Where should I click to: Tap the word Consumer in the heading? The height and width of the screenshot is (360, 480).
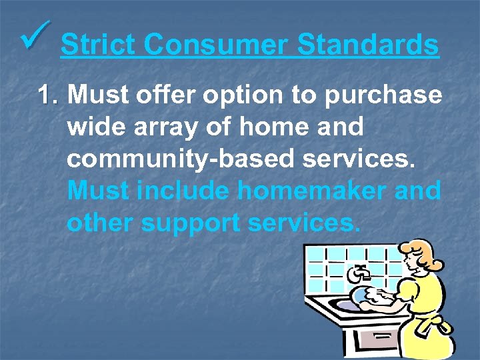216,45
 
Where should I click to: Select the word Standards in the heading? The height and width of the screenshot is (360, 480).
367,45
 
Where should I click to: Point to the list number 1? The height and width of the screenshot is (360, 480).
48,95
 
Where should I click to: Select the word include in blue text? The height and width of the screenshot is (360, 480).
183,191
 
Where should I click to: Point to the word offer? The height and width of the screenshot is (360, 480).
159,95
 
